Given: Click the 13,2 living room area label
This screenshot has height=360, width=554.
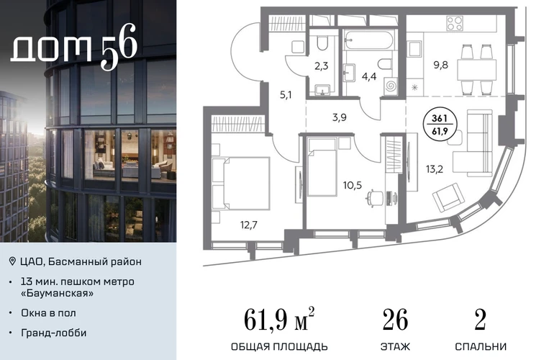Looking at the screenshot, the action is pyautogui.click(x=435, y=169).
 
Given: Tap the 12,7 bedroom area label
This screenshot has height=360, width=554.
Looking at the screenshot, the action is pyautogui.click(x=249, y=225).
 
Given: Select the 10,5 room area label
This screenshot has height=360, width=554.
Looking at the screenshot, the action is pyautogui.click(x=353, y=185).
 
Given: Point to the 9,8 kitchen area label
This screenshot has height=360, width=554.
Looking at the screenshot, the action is pyautogui.click(x=440, y=65).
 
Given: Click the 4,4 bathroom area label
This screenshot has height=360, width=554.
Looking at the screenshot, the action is pyautogui.click(x=369, y=76).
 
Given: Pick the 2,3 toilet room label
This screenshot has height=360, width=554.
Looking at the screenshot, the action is pyautogui.click(x=321, y=66).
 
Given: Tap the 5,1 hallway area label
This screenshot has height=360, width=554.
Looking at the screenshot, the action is pyautogui.click(x=286, y=95).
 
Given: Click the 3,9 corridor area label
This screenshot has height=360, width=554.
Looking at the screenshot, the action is pyautogui.click(x=339, y=117).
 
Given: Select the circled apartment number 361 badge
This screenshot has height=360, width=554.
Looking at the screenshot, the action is pyautogui.click(x=440, y=125).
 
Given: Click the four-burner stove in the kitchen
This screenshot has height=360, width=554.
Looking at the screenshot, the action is pyautogui.click(x=455, y=23).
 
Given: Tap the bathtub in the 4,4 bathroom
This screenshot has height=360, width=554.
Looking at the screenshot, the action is pyautogui.click(x=369, y=40).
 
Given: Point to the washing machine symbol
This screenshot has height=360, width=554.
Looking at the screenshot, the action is pyautogui.click(x=391, y=86).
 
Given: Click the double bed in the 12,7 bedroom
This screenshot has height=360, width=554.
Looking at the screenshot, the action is pyautogui.click(x=241, y=183).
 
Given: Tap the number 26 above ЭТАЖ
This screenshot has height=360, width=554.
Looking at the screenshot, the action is pyautogui.click(x=396, y=320).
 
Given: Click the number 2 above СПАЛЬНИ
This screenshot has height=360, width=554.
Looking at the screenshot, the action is pyautogui.click(x=480, y=320).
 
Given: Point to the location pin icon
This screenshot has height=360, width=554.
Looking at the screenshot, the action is pyautogui.click(x=12, y=261).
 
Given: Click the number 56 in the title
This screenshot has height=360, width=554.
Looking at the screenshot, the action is pyautogui.click(x=119, y=47).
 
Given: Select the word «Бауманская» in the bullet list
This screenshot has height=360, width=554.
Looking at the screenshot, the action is pyautogui.click(x=58, y=293).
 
